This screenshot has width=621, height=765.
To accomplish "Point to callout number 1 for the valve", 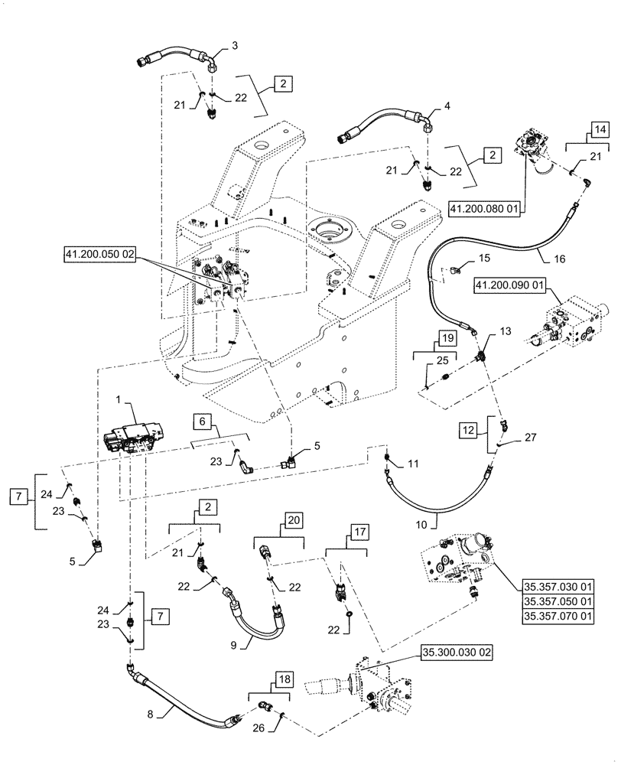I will click(x=121, y=400).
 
